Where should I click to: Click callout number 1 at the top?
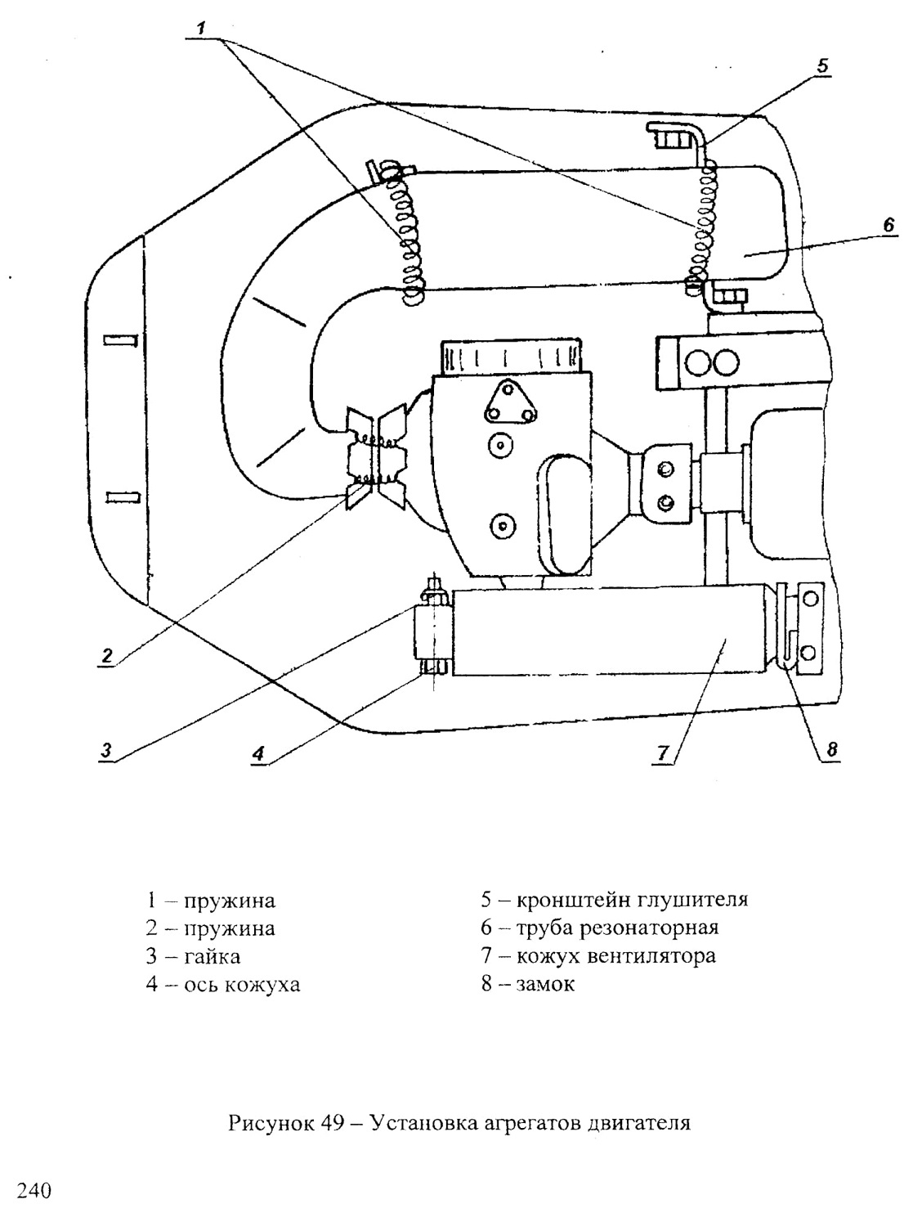(x=201, y=28)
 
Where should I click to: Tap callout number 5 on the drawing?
(x=822, y=65)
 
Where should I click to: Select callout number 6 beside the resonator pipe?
(x=888, y=226)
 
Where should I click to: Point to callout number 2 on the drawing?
(x=107, y=655)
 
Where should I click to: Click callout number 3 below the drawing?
(x=105, y=750)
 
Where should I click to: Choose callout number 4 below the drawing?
(x=258, y=754)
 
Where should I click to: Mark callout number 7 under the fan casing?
(x=662, y=753)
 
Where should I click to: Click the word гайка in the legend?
(x=212, y=957)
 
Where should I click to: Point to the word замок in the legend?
(x=545, y=985)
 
